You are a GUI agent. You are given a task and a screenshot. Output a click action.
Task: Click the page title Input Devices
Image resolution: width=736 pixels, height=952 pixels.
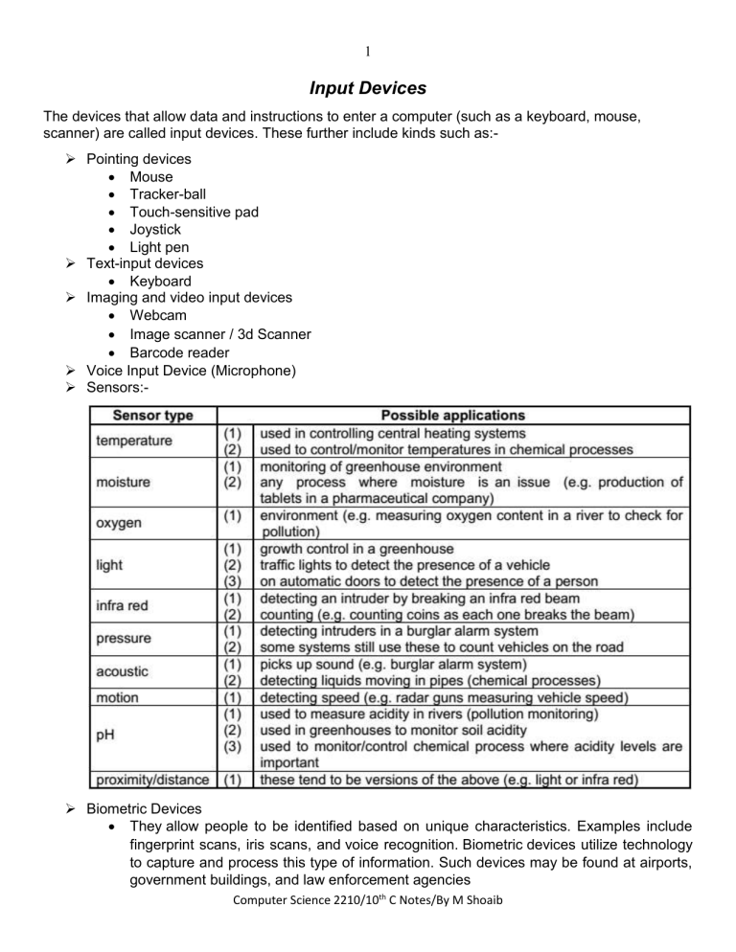coord(367,89)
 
